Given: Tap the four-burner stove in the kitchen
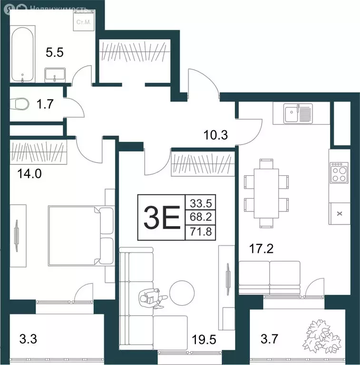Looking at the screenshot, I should coord(339,173).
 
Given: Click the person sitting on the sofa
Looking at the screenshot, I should coord(152,298).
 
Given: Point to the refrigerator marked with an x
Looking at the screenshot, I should coord(339,213).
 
